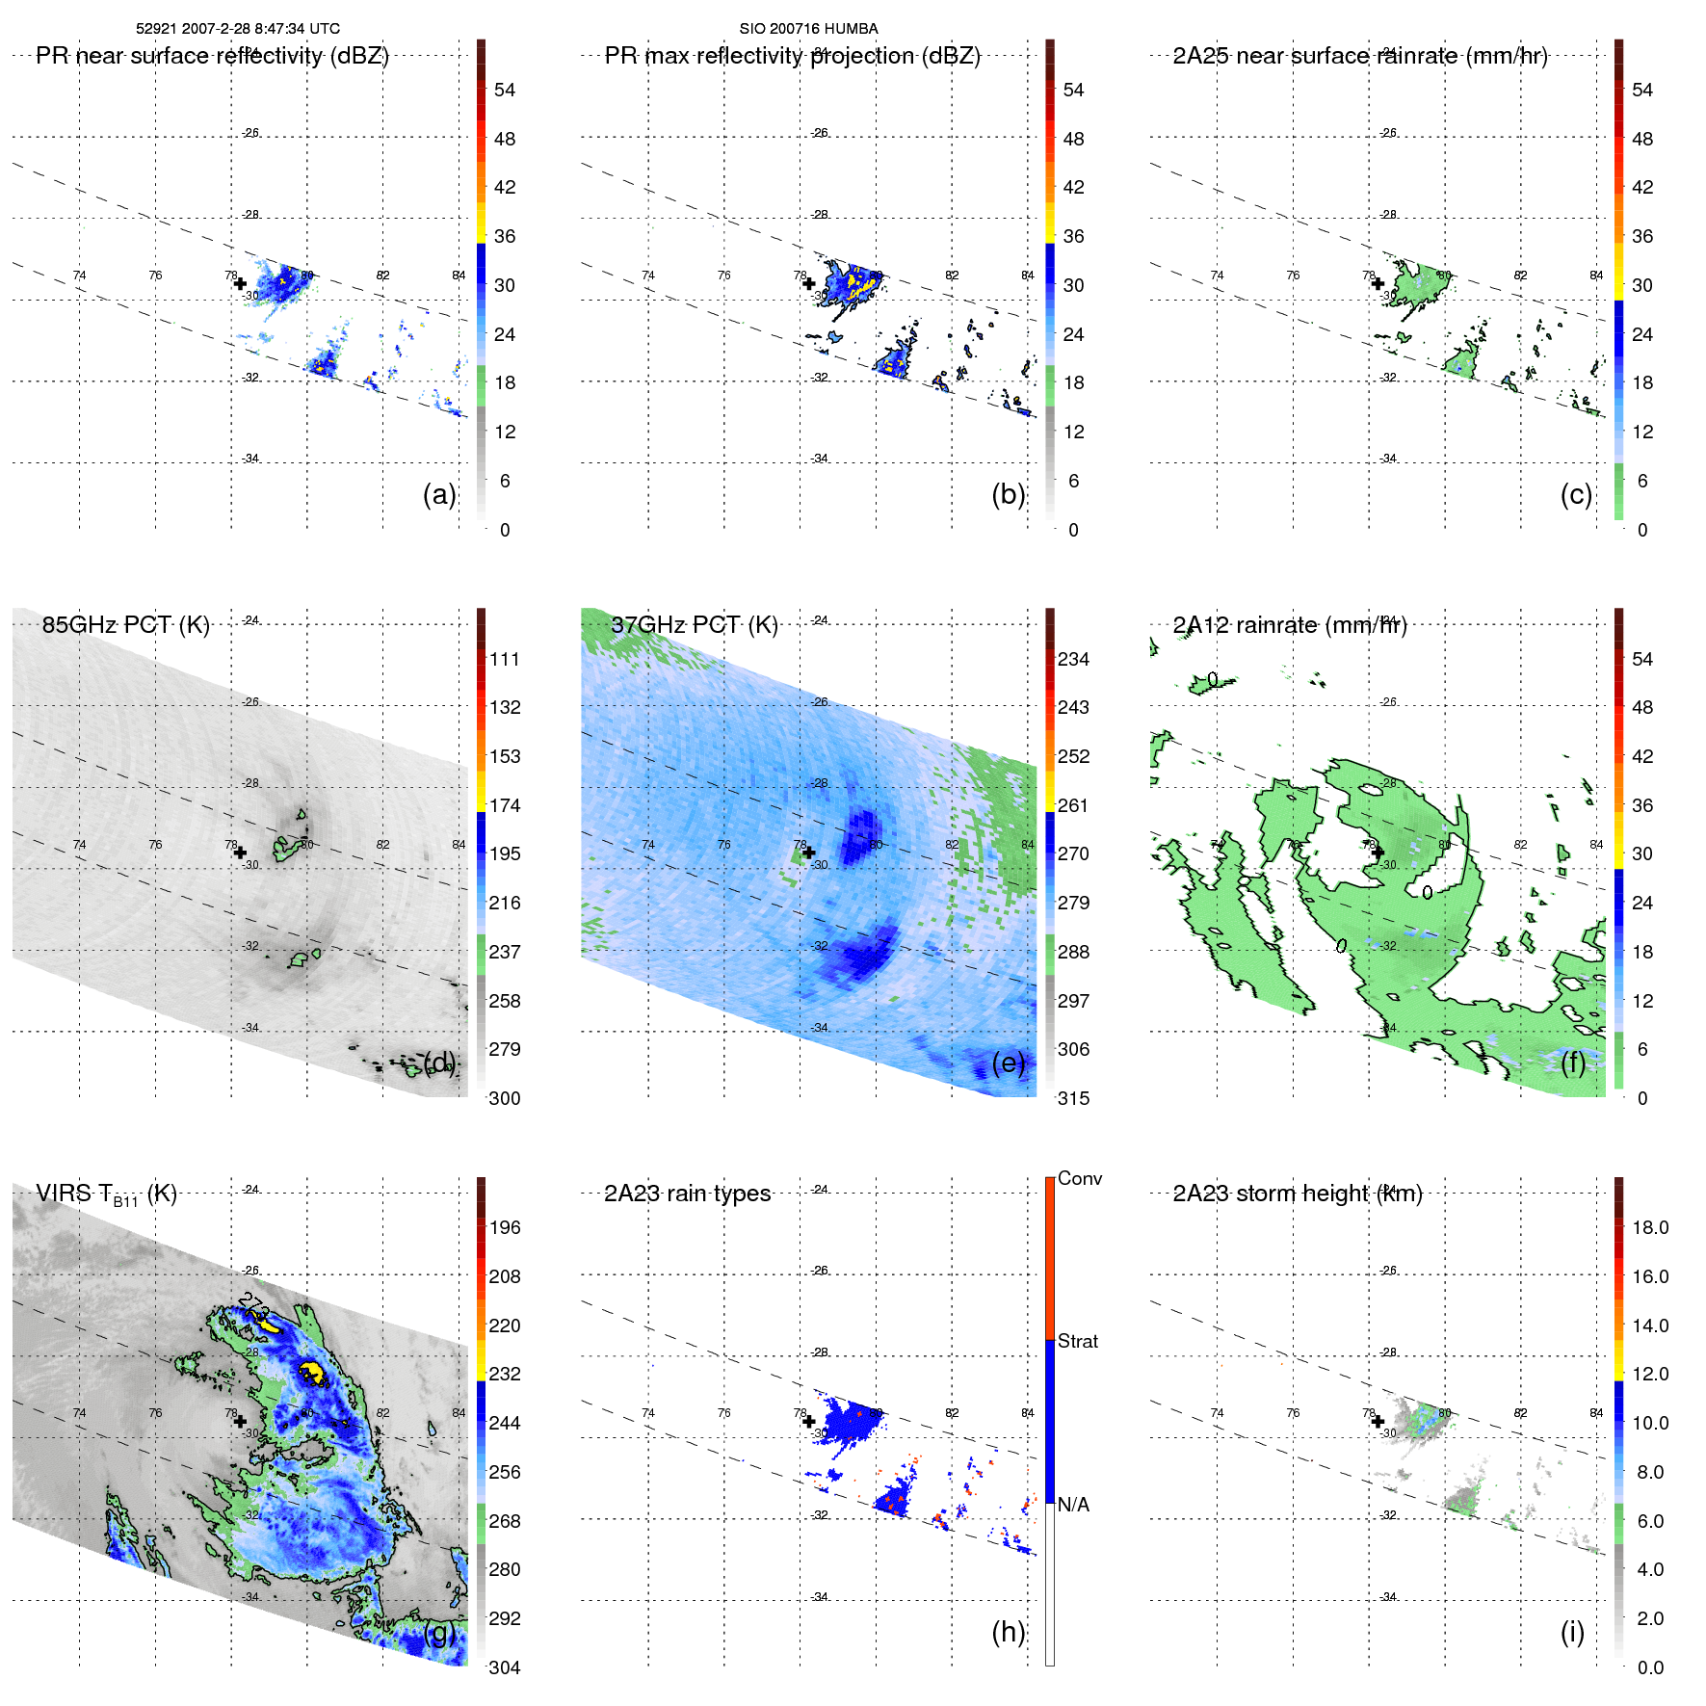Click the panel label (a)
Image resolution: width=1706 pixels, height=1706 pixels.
point(438,494)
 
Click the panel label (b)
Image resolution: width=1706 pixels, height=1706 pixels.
point(1008,494)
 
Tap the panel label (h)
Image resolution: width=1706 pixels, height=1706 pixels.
point(1008,1632)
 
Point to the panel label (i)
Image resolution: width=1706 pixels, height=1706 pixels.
point(1572,1632)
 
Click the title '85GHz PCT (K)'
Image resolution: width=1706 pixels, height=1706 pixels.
point(125,624)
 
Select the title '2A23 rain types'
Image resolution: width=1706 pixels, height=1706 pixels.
point(687,1194)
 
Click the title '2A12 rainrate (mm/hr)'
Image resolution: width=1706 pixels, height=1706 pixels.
point(1290,624)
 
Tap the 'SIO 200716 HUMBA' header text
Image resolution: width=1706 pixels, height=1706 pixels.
point(808,29)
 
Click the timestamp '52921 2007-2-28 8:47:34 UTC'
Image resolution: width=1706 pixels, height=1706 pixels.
point(238,29)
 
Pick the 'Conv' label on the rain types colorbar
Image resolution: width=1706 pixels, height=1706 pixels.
point(1079,1178)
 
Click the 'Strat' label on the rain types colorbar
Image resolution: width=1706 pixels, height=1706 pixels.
point(1077,1341)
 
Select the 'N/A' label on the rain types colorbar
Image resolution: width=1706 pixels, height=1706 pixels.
point(1073,1505)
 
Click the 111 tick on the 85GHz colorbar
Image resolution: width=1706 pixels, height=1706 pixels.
point(505,659)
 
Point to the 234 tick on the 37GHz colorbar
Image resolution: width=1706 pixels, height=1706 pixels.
point(1073,659)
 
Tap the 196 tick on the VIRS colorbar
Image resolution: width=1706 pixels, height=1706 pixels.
point(505,1227)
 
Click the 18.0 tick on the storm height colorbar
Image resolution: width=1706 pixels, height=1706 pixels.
point(1649,1227)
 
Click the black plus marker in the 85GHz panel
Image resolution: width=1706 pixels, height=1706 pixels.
point(240,853)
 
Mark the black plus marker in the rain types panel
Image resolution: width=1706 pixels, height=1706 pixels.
point(808,1421)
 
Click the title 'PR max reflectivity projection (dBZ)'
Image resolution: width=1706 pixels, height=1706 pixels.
point(792,56)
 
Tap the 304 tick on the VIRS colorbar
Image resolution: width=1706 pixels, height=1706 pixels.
point(505,1667)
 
